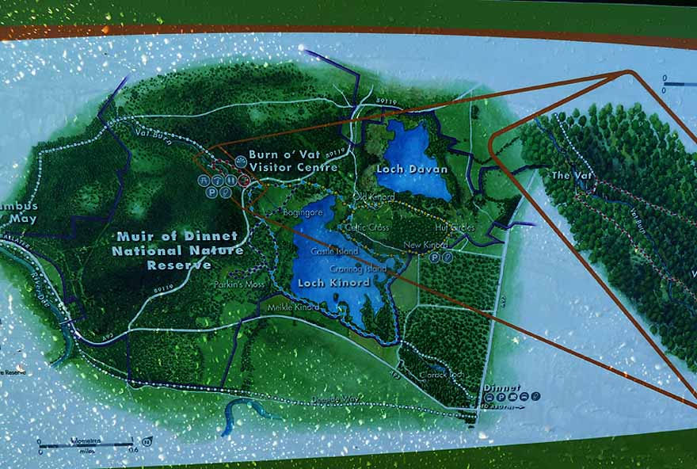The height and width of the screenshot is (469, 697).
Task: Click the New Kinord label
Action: (425, 246)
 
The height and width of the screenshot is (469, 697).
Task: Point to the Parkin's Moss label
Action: (238, 284)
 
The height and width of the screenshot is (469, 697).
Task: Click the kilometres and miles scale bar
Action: (87, 443)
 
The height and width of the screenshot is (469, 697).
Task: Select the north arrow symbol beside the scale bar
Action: (147, 441)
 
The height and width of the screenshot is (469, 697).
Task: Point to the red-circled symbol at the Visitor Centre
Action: (245, 181)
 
